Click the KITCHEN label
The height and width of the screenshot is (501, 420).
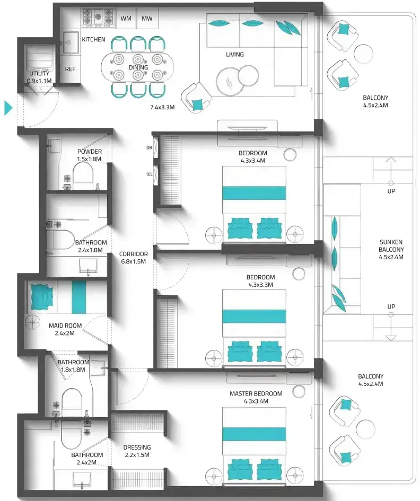pos(93,39)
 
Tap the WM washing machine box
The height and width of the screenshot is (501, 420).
pos(126,19)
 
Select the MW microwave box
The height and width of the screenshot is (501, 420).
pos(147,19)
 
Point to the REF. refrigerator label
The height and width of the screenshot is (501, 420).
pos(71,69)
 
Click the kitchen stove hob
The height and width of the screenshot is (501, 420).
pos(98,17)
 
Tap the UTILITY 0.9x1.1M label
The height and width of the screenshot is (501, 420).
pos(39,77)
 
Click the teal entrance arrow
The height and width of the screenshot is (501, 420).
pos(8,108)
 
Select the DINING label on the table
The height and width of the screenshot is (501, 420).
pos(138,67)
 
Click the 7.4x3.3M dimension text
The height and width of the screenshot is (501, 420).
pos(162,107)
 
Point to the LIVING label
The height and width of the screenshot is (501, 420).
pos(234,54)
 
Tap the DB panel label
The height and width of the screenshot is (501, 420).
pos(149,147)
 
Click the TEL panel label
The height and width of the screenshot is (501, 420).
pos(149,174)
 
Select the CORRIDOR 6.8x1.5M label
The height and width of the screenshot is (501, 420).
pos(133,258)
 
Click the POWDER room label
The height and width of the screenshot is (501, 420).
pos(90,152)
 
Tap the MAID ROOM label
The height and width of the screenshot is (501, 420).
pos(65,326)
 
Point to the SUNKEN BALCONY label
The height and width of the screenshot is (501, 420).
pos(391,245)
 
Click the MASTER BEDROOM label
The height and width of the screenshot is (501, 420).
pos(256,393)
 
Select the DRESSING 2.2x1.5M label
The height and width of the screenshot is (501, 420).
pos(137,451)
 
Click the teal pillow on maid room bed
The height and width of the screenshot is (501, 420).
pos(41,297)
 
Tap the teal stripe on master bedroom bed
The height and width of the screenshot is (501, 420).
pos(254,434)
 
